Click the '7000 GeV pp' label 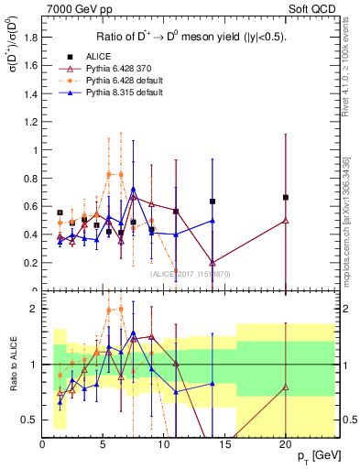79,8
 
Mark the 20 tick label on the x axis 286,444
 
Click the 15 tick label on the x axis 224,444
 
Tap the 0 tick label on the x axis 42,444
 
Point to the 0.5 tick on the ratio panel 31,420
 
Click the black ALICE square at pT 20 286,197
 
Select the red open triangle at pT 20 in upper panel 286,220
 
